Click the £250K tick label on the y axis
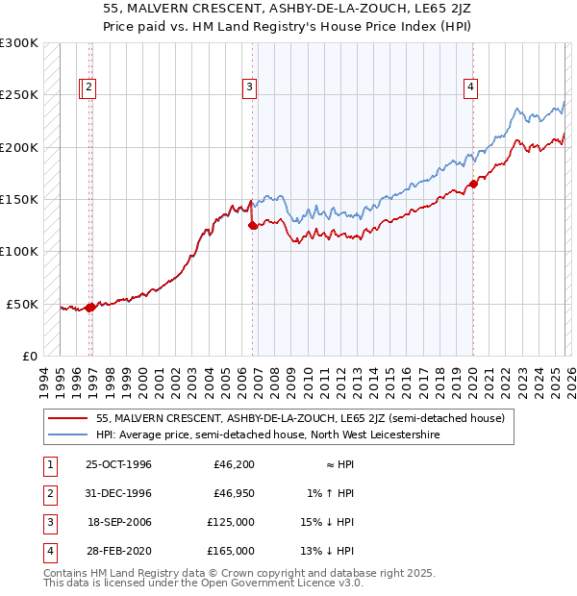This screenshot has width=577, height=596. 19,95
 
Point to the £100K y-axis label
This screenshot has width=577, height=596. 19,252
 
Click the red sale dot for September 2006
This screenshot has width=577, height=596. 252,226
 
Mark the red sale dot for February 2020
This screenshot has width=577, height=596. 473,184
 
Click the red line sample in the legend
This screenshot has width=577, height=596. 67,418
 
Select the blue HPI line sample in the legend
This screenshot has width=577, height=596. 67,435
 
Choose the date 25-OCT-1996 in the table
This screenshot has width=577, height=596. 119,464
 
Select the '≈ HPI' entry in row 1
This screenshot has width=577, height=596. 336,464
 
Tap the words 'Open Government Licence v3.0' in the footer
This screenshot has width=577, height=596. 287,583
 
